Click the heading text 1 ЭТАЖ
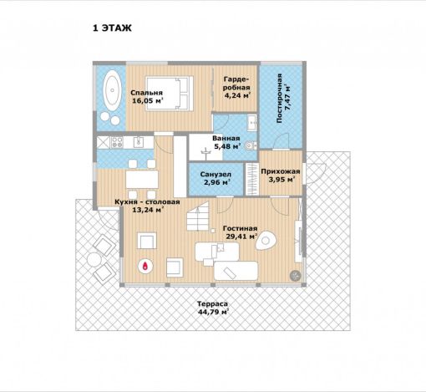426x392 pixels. click(112, 28)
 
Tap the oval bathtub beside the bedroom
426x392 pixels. click(113, 90)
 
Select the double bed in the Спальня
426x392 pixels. click(169, 93)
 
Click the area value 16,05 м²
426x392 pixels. click(147, 100)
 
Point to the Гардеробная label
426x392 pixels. click(236, 83)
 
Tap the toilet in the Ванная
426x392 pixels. click(251, 145)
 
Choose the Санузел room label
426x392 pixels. click(216, 175)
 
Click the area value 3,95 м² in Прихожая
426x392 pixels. click(281, 180)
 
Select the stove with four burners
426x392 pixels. click(117, 142)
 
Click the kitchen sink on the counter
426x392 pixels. click(139, 142)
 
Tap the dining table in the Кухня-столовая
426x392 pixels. click(142, 179)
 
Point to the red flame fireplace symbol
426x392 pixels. click(145, 266)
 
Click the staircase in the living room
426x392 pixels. click(198, 216)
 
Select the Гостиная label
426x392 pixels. click(240, 228)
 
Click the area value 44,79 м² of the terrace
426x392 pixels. click(213, 312)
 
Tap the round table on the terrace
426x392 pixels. click(94, 260)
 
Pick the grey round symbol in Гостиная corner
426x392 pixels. click(295, 276)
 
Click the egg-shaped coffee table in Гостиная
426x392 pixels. click(266, 240)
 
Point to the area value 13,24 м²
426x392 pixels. click(147, 210)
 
